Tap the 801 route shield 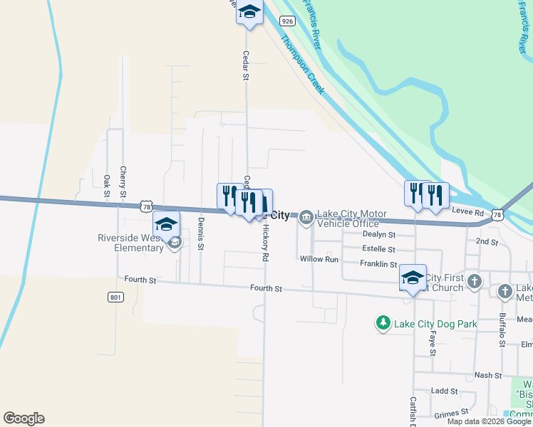pyautogui.click(x=115, y=297)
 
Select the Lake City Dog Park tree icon pyautogui.click(x=383, y=324)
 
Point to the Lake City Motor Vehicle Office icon pyautogui.click(x=306, y=216)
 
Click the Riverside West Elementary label pyautogui.click(x=131, y=243)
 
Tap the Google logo pyautogui.click(x=24, y=418)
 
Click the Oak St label pyautogui.click(x=107, y=186)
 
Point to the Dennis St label pyautogui.click(x=201, y=237)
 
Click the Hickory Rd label pyautogui.click(x=265, y=242)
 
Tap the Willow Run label pyautogui.click(x=319, y=259)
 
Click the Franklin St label pyautogui.click(x=378, y=264)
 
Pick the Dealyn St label pyautogui.click(x=378, y=233)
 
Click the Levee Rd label pyautogui.click(x=467, y=212)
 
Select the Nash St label pyautogui.click(x=488, y=375)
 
